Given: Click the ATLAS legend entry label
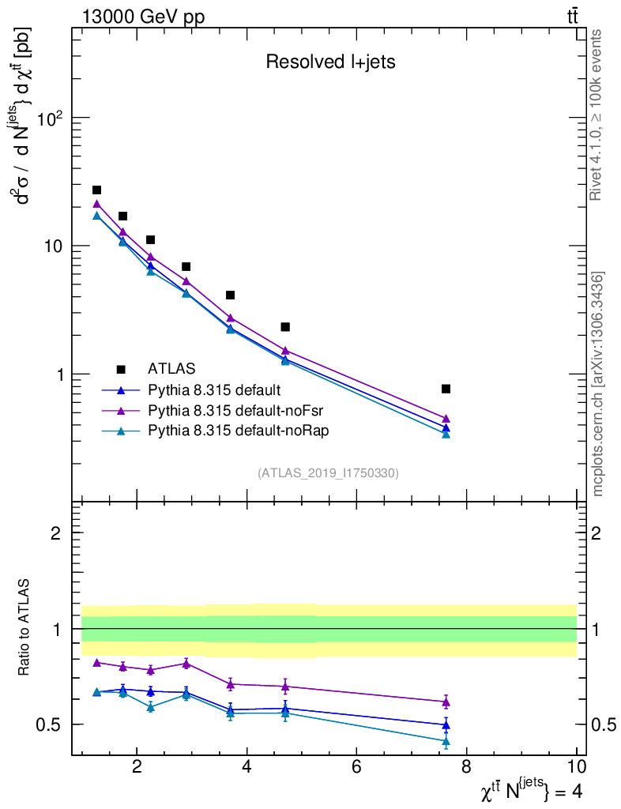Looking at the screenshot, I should pyautogui.click(x=171, y=368).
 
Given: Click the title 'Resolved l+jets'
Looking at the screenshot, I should pyautogui.click(x=330, y=62).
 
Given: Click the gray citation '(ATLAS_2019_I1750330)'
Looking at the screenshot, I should pyautogui.click(x=328, y=473).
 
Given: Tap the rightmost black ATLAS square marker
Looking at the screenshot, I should pyautogui.click(x=446, y=389).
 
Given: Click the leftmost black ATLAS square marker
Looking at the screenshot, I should pyautogui.click(x=96, y=190).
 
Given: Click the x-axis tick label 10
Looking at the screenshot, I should pyautogui.click(x=576, y=766).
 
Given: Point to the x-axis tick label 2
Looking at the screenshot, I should pyautogui.click(x=137, y=766).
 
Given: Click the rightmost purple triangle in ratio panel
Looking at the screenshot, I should pyautogui.click(x=446, y=702).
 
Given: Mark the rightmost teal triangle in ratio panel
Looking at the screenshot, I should pyautogui.click(x=446, y=742).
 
